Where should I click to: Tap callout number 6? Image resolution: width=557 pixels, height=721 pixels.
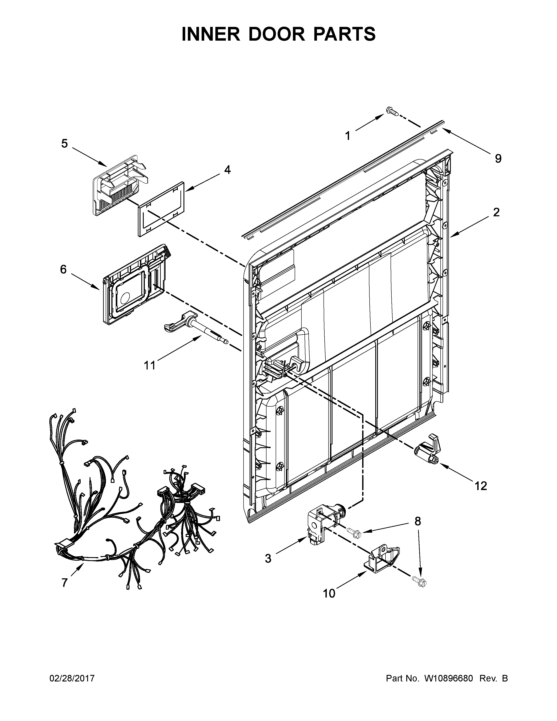click(x=63, y=269)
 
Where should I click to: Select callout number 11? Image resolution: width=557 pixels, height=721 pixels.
click(x=149, y=366)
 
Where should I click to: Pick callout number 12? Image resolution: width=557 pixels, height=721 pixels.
click(x=481, y=486)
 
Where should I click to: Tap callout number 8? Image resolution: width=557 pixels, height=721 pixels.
click(x=417, y=521)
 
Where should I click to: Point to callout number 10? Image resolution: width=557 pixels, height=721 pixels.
click(x=329, y=594)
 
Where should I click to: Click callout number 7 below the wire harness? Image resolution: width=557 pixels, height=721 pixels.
click(x=64, y=583)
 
